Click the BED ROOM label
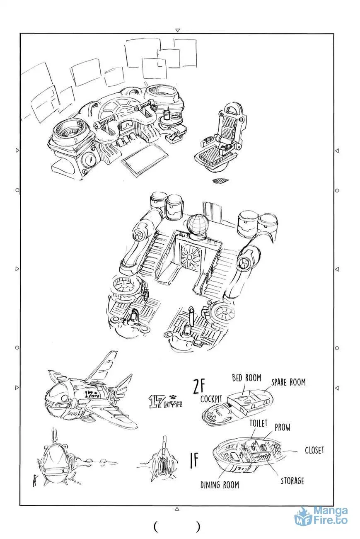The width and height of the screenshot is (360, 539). (246, 378)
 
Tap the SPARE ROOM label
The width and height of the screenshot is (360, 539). (288, 382)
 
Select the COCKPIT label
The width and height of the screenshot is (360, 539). (211, 398)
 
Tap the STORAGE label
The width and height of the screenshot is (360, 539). (292, 481)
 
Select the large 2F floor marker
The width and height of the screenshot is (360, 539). (199, 386)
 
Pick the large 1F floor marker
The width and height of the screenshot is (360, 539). (194, 460)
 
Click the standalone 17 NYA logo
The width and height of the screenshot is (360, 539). (165, 401)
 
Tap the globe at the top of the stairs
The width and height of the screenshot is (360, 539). (198, 224)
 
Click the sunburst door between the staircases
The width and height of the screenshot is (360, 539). (190, 257)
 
